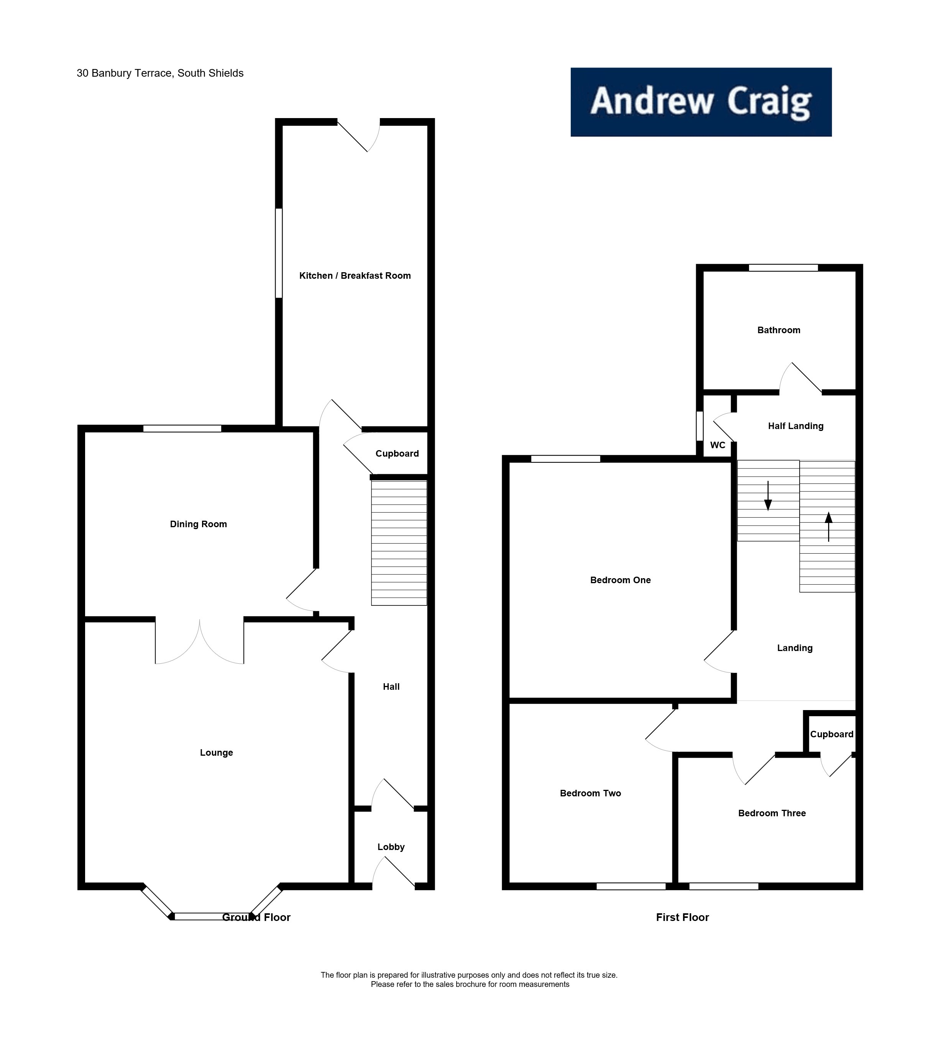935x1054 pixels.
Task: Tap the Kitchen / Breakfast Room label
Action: [355, 276]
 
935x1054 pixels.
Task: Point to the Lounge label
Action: [217, 753]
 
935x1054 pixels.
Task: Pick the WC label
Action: [718, 445]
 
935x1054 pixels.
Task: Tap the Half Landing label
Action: [795, 426]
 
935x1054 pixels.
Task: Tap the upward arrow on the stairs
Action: [828, 526]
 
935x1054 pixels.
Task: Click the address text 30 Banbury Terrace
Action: [160, 73]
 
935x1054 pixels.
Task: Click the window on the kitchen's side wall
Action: [279, 253]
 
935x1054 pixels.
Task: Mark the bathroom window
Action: [783, 268]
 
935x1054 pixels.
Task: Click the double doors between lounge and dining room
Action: [199, 641]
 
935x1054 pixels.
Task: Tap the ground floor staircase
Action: [399, 543]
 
